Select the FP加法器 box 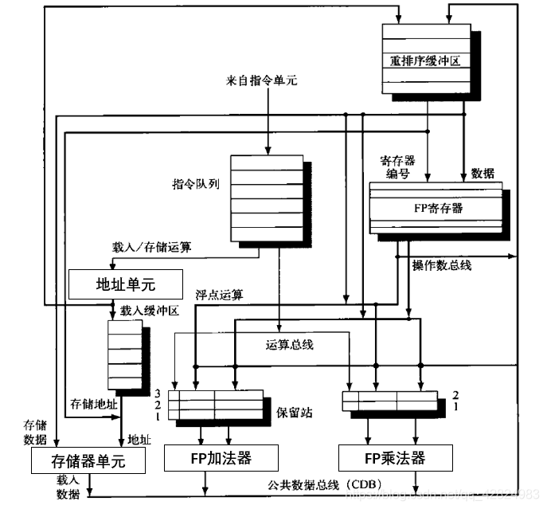point(221,458)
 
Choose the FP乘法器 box point(396,458)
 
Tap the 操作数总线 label point(442,266)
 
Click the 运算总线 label point(290,345)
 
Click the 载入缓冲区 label point(150,311)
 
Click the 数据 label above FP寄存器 point(483,172)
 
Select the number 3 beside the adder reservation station point(159,393)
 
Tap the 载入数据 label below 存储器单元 point(67,487)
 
